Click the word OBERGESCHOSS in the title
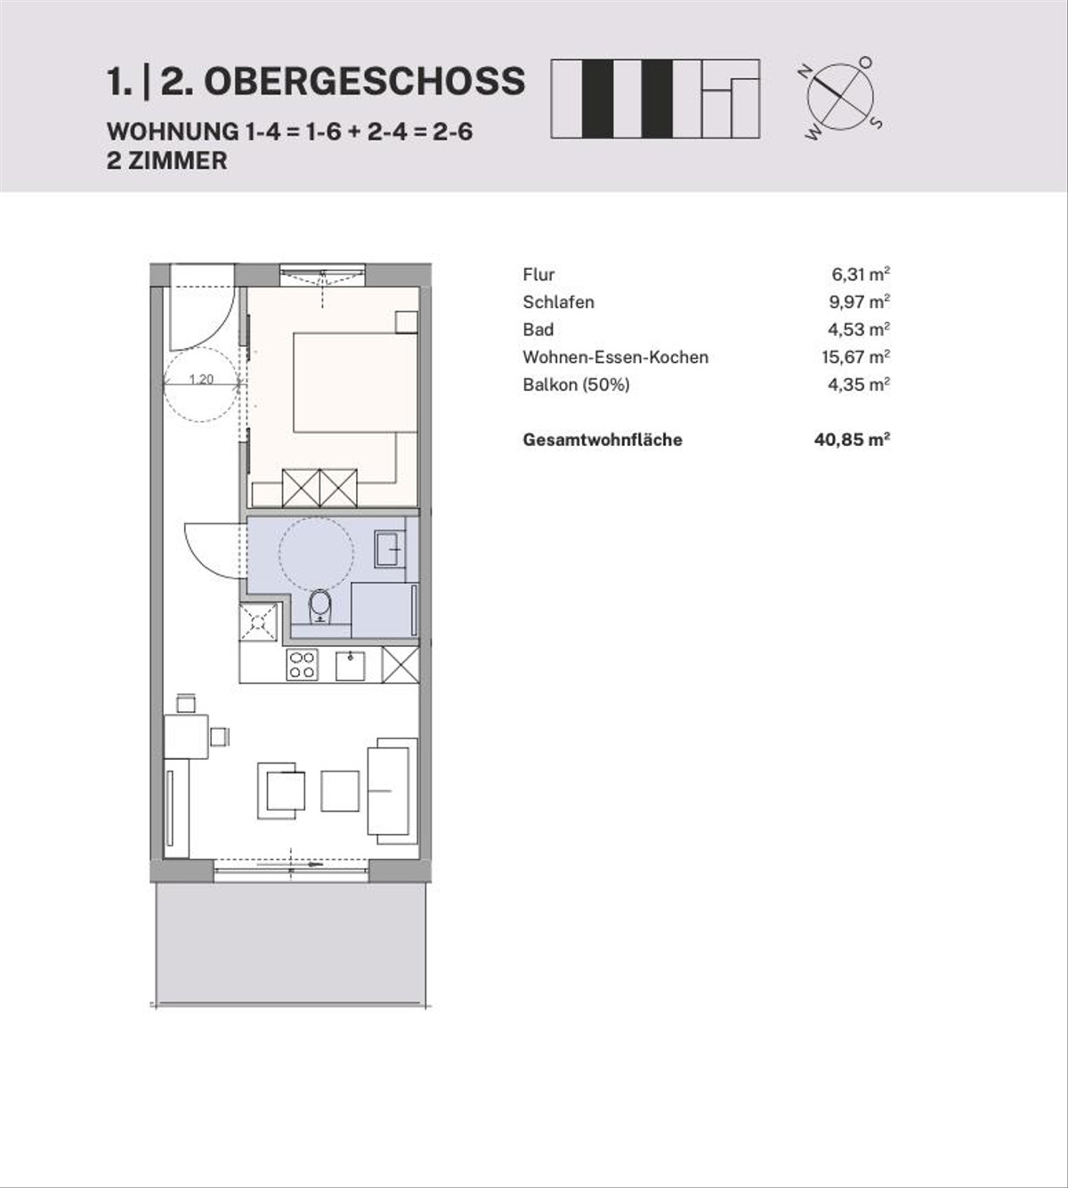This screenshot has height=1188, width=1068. point(364,81)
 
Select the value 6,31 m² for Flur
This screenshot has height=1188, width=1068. point(861,274)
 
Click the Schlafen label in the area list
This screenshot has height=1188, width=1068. point(559,302)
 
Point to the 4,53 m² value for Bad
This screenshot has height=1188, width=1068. point(859,329)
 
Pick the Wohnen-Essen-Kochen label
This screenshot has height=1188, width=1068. point(616,357)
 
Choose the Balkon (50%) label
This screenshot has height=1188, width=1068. point(576,385)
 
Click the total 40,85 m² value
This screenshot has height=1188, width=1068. point(852,440)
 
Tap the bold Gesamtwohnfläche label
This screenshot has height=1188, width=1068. point(603,440)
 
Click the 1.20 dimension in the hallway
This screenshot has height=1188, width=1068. point(201,379)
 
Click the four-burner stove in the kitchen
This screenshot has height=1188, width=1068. point(302,665)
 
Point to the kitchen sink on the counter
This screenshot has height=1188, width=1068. point(351,666)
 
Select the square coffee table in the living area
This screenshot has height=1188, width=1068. point(340,790)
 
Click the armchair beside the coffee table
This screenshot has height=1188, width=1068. point(282,790)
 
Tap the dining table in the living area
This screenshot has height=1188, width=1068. point(186,737)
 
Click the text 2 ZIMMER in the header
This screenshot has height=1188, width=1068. point(167,161)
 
